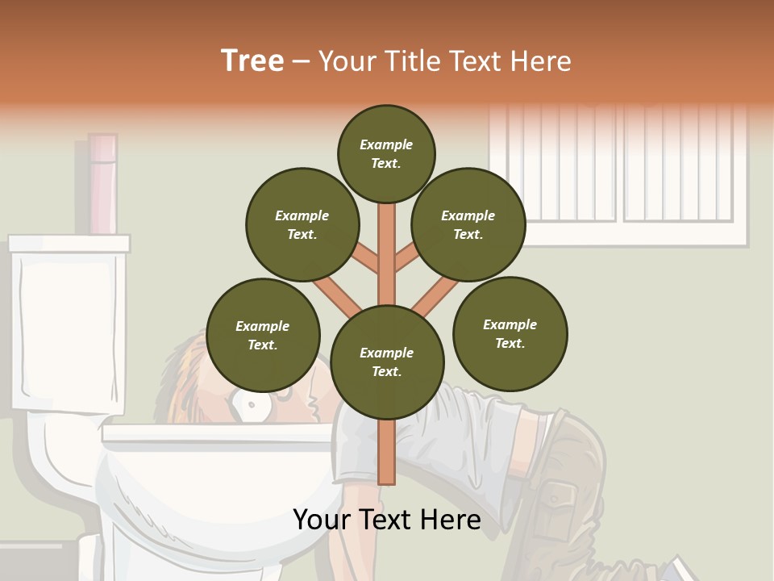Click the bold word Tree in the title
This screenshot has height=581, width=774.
tap(252, 61)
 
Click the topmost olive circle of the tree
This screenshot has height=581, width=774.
tap(386, 153)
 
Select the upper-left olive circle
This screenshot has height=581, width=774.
tap(302, 224)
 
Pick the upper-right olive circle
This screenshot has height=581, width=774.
tap(468, 224)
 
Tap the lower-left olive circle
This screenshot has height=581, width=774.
tap(263, 335)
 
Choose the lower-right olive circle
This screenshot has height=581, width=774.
tap(510, 333)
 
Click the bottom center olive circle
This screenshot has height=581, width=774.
tap(387, 362)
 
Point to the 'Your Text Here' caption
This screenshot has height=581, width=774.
tap(387, 520)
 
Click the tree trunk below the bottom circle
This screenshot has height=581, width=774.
tap(387, 452)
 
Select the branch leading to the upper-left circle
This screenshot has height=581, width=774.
tap(365, 259)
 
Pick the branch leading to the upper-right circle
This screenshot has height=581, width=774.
tap(407, 259)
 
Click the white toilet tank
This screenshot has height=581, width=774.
tap(68, 323)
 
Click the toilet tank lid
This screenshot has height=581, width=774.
tap(69, 243)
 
